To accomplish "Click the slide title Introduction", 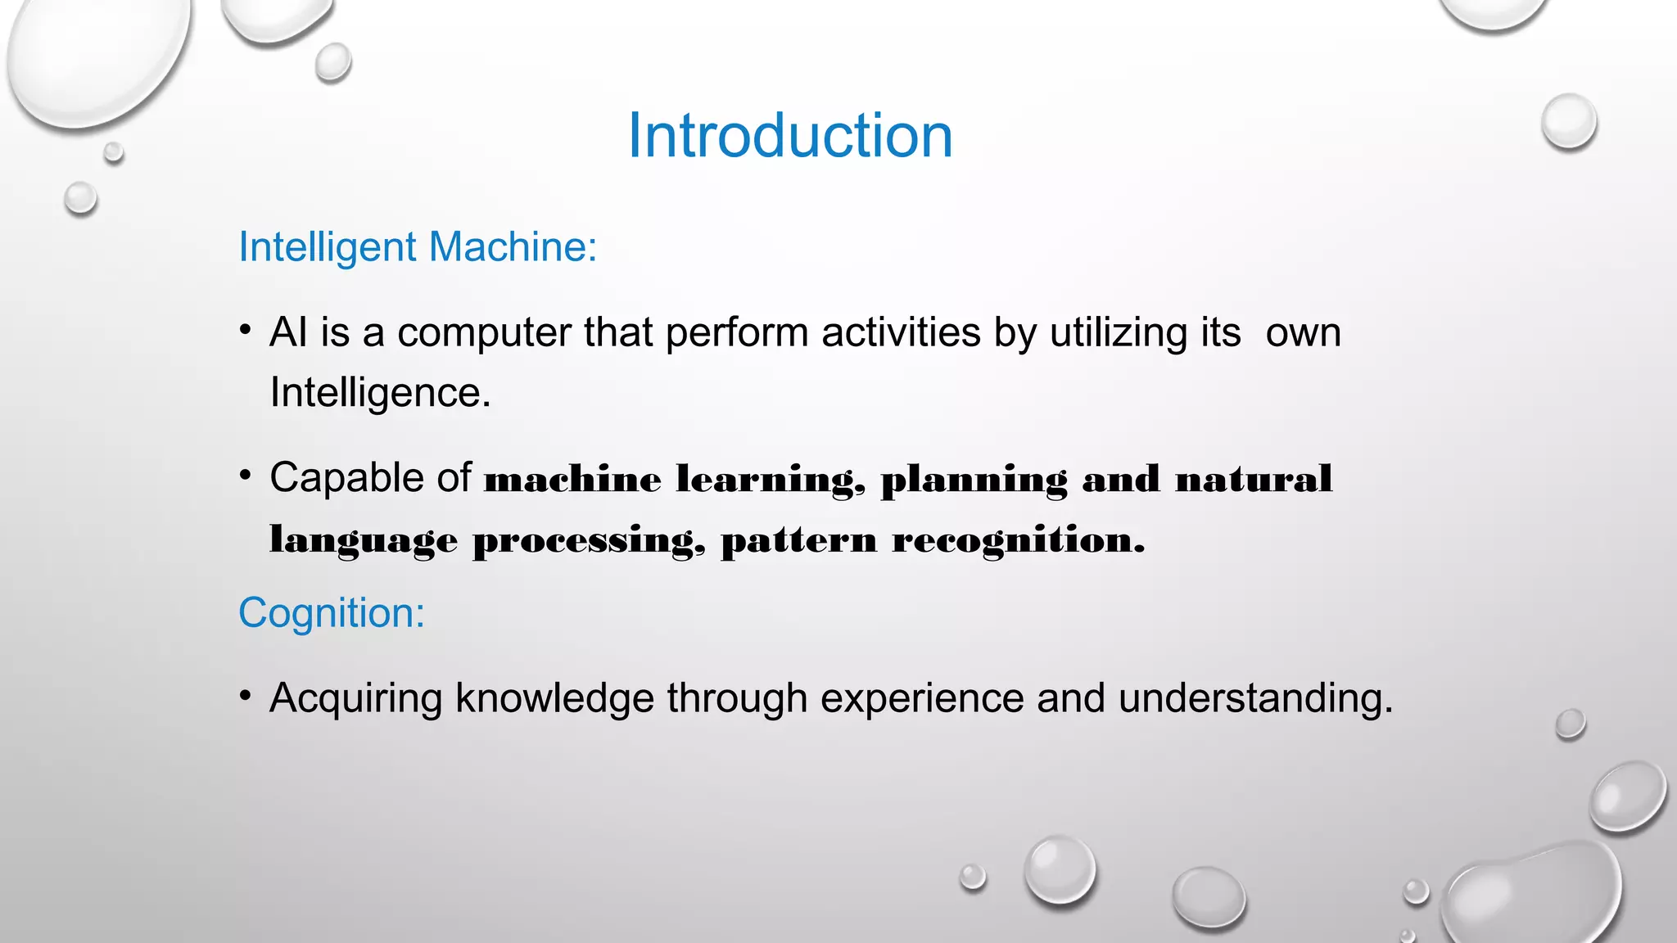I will (x=790, y=136).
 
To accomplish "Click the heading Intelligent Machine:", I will (x=418, y=247).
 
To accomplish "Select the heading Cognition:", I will (x=332, y=613).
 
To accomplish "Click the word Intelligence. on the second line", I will (x=380, y=393).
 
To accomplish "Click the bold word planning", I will (x=974, y=480).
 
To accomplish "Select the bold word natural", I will (x=1254, y=480).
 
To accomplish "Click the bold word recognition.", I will (x=1018, y=541).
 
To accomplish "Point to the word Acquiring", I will (x=355, y=699).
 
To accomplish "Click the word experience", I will (x=922, y=699).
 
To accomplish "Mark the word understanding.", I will (x=1255, y=699).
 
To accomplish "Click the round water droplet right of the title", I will (x=1569, y=121).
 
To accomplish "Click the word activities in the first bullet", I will (x=901, y=333).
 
